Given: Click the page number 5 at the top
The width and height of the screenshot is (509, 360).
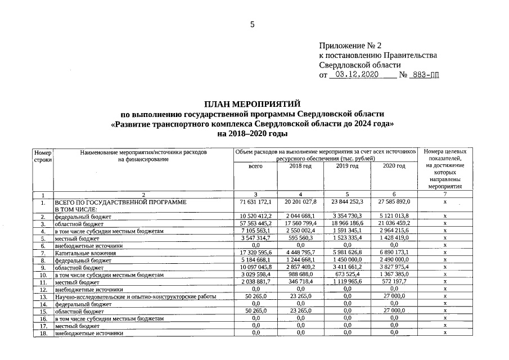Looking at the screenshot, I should click(253, 24).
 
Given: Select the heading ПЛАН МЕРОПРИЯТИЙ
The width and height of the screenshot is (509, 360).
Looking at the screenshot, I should click(253, 105).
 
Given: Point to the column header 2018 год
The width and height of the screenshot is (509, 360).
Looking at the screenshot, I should click(300, 166).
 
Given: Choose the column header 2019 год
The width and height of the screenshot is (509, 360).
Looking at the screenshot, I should click(347, 166).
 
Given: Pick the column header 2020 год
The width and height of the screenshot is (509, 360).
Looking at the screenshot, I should click(394, 166).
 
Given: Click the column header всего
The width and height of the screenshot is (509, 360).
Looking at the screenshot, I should click(255, 166).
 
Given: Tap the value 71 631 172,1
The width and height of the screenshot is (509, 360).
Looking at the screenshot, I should click(256, 201).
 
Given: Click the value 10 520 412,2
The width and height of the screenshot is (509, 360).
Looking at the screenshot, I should click(256, 216).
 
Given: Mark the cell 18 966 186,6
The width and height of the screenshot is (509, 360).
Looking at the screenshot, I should click(347, 223).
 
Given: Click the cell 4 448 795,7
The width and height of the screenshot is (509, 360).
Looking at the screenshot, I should click(301, 253).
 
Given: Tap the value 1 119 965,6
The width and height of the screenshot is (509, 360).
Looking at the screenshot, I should click(347, 282).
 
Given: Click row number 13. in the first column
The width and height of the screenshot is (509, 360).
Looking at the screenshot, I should click(43, 296).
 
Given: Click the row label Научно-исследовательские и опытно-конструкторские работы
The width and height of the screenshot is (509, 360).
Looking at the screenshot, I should click(135, 296).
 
